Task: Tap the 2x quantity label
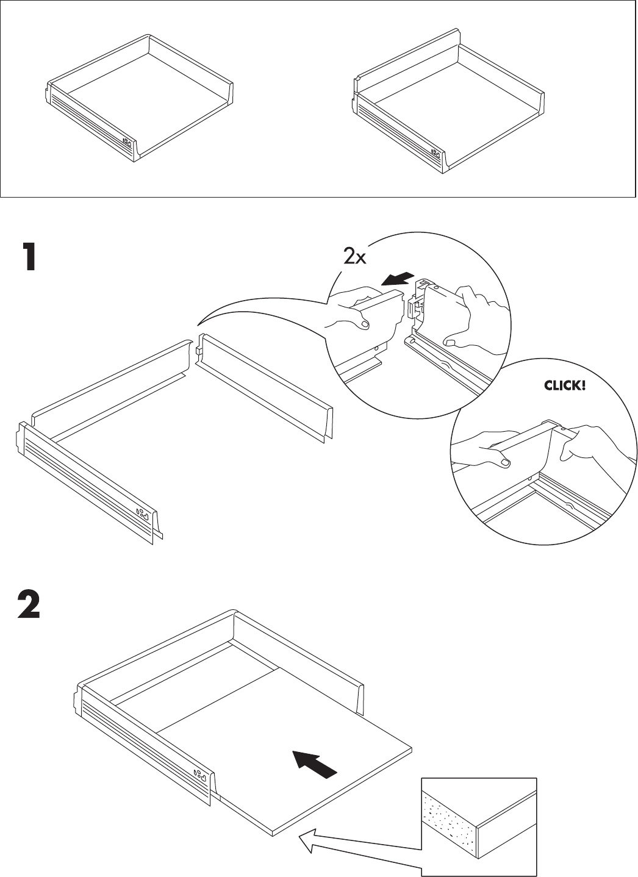tap(354, 257)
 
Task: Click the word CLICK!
tap(564, 385)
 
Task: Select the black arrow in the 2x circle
tap(396, 279)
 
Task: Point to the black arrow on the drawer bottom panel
tap(315, 764)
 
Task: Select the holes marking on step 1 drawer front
tap(143, 513)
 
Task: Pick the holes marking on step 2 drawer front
tap(201, 776)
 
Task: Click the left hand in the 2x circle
tap(354, 308)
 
